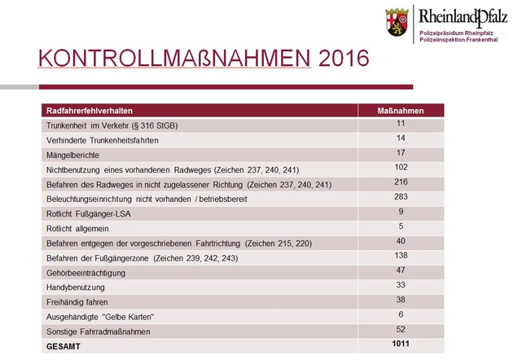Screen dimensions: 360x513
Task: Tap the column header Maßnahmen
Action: [x=401, y=110]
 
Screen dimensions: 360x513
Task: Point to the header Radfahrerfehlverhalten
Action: [x=90, y=110]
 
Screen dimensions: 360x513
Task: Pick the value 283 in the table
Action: [x=401, y=196]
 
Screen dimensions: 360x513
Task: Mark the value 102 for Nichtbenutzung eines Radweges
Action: [x=401, y=167]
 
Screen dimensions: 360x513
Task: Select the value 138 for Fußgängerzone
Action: [x=401, y=255]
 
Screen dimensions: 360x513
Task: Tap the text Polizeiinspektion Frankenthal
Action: [x=461, y=38]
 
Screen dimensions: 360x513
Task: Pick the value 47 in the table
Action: [x=401, y=270]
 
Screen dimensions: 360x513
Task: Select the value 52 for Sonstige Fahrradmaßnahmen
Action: [x=401, y=328]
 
